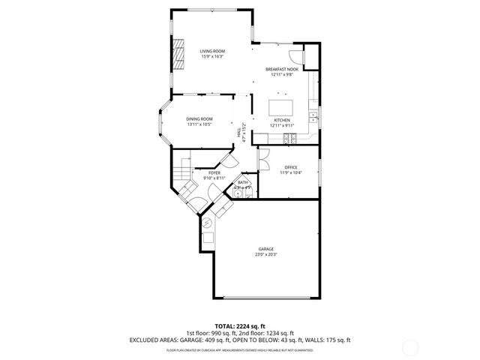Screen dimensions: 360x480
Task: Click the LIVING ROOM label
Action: click(x=211, y=51)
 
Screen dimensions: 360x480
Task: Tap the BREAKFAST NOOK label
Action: click(x=282, y=69)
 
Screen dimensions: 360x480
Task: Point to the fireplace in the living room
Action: click(x=178, y=54)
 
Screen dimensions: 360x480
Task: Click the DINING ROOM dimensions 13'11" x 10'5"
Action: click(x=199, y=124)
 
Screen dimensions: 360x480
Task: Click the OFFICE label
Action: click(x=291, y=167)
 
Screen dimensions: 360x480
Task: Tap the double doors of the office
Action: click(x=263, y=158)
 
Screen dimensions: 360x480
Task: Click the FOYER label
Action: click(x=214, y=172)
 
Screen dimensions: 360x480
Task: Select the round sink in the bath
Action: click(x=238, y=193)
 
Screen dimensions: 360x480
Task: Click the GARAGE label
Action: click(x=266, y=249)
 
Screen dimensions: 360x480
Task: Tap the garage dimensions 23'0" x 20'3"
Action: click(x=266, y=254)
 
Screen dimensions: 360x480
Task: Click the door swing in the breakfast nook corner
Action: click(x=297, y=53)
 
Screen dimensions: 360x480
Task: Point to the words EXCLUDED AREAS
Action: click(x=152, y=340)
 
